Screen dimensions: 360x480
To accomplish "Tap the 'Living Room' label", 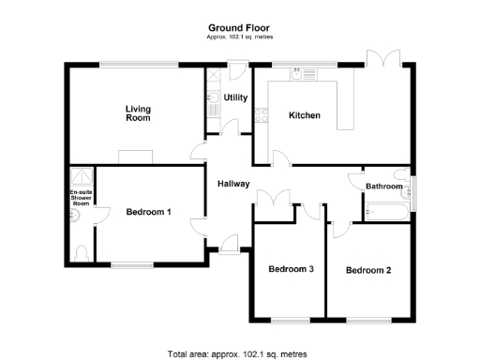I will (138, 113).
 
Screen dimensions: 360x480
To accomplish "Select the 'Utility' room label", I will (235, 97).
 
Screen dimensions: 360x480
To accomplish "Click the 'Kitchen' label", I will (305, 115).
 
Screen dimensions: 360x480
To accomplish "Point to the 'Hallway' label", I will (233, 184).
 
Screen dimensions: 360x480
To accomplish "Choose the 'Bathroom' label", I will (384, 187).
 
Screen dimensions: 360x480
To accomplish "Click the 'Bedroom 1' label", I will (148, 212).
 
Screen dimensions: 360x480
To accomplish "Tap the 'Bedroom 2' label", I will (367, 271).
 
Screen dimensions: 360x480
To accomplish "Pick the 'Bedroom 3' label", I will (291, 269).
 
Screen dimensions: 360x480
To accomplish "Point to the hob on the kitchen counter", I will (262, 115).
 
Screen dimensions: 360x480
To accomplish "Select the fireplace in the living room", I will (135, 155).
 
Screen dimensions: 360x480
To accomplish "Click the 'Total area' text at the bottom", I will (240, 354).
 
